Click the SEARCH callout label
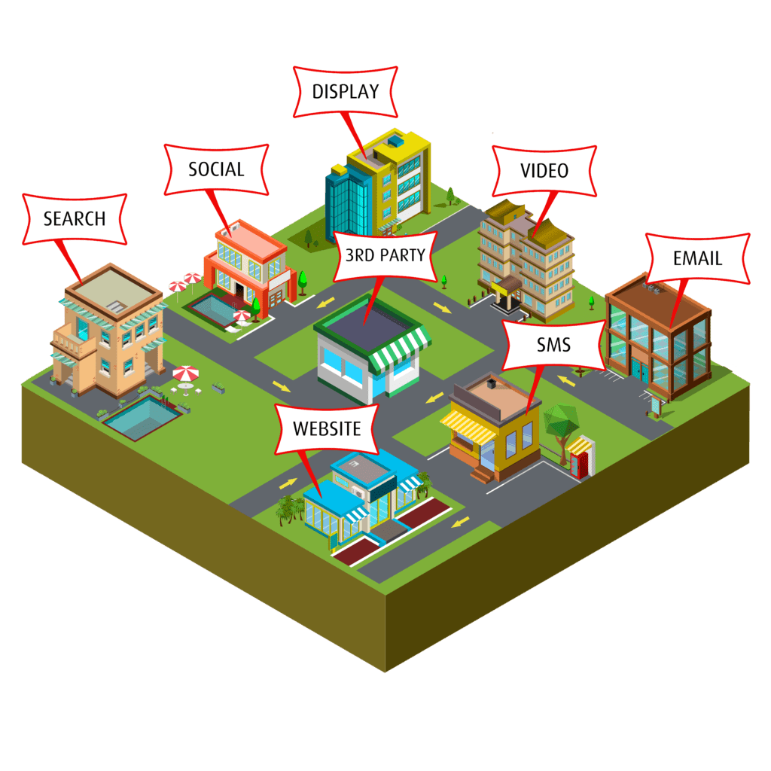(x=75, y=219)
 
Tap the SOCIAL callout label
(x=216, y=169)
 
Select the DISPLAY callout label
(x=346, y=92)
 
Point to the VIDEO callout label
(x=544, y=171)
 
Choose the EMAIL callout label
(x=697, y=258)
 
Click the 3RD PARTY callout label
(x=385, y=254)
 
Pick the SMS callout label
(x=553, y=346)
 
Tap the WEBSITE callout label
(x=327, y=429)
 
